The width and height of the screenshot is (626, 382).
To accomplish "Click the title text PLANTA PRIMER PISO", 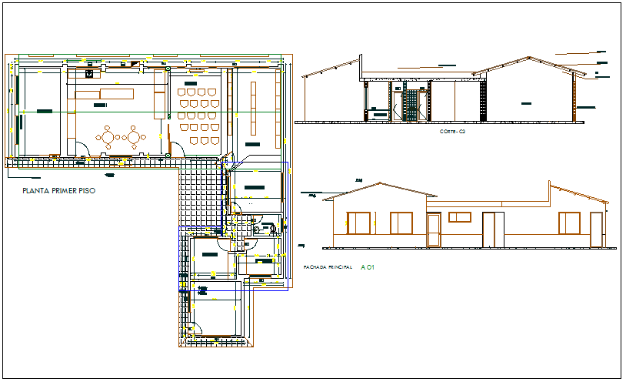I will (59, 190).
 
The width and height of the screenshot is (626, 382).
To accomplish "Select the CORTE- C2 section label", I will (453, 132).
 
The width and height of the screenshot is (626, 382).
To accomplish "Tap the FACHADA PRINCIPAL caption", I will (323, 267).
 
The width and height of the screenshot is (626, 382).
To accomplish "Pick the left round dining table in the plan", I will (108, 137).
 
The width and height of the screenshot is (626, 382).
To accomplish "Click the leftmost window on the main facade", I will (359, 223).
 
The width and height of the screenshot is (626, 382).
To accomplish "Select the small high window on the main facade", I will (459, 217).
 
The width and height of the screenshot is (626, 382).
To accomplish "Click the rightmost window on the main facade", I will (569, 223).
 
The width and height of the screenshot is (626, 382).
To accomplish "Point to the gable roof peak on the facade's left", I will (378, 184).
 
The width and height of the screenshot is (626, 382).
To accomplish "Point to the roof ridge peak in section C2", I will (528, 57).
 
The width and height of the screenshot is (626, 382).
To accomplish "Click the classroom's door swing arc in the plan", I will (175, 146).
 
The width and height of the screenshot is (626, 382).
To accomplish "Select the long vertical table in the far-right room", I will (252, 108).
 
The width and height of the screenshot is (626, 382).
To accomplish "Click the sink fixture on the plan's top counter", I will (89, 74).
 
